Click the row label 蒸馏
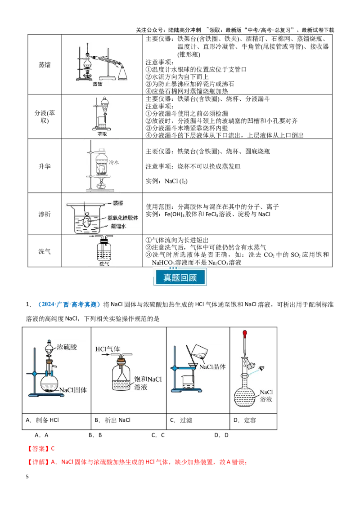coord(45,65)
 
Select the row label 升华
coord(45,166)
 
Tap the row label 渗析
coord(45,214)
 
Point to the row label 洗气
coord(45,251)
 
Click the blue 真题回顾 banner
coord(180,277)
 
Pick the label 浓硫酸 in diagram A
coord(67,347)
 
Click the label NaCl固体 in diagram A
coord(73,390)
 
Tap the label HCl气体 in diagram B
coord(108,349)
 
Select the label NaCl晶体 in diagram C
coord(212,367)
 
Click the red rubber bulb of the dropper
coord(245,333)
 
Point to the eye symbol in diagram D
coord(261,368)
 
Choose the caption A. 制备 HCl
coord(42,420)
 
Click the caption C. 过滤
coord(181,420)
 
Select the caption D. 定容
coord(245,420)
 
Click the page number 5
coord(27,477)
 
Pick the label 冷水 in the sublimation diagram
coord(114,162)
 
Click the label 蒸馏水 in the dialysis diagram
coord(119,226)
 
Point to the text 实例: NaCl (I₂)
coord(166,181)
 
